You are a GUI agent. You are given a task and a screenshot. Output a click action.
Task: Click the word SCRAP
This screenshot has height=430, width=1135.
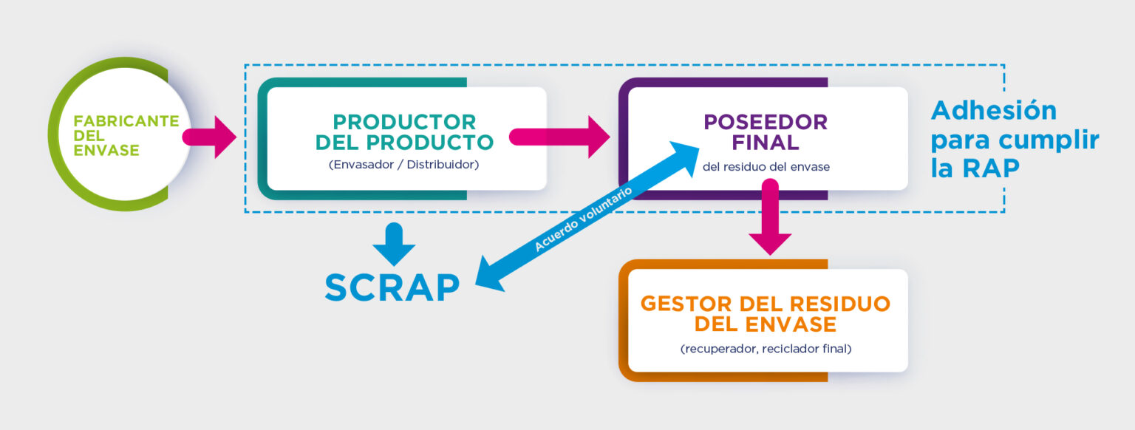click(x=392, y=288)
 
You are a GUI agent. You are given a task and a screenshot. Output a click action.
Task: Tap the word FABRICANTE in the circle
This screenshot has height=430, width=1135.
click(x=126, y=121)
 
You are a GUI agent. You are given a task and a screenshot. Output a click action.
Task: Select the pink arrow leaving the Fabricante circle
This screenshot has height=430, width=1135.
click(x=209, y=137)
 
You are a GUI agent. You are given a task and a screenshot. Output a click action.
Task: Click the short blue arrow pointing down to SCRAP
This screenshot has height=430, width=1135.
click(x=395, y=245)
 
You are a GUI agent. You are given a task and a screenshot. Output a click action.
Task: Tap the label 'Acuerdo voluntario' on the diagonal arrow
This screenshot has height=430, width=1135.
click(x=584, y=220)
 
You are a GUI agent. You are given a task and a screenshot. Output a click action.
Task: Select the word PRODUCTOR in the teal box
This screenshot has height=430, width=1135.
click(x=404, y=122)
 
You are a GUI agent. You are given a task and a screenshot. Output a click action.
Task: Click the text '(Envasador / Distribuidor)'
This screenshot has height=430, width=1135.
click(x=404, y=164)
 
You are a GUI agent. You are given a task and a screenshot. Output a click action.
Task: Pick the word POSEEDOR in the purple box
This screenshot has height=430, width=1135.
click(x=766, y=121)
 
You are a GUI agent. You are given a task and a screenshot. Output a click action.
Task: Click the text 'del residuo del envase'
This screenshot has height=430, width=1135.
click(x=766, y=167)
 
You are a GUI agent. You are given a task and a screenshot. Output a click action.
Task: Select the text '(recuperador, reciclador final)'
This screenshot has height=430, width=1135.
click(x=766, y=348)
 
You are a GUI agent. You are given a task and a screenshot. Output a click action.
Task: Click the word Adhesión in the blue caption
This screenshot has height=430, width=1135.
click(x=994, y=110)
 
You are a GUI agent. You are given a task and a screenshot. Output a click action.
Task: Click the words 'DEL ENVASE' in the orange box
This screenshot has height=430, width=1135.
click(x=766, y=324)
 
